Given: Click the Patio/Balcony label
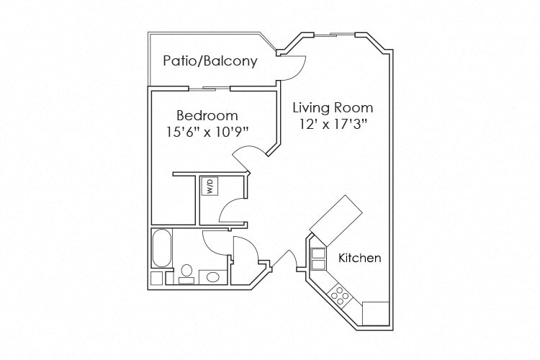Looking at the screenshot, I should pos(210,60).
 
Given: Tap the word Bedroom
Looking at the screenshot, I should pos(207,115).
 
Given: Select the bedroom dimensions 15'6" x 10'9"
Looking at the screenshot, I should pos(207,131).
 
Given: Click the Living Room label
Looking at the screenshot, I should pos(333,108).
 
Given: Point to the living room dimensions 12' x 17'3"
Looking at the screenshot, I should pos(333,124).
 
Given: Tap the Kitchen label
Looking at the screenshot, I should pos(360,258).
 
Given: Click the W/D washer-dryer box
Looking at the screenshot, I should pos(210,187).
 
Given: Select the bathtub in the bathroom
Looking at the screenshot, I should pos(161,249).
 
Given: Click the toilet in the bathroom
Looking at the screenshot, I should pos(186,271).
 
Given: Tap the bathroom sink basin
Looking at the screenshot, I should pos(213,276).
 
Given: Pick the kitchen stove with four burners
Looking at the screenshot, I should pos(339,294).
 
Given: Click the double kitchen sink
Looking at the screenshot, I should pos(318,258).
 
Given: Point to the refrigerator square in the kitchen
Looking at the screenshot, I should pos(375,313).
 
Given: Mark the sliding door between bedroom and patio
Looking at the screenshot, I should pos(210,89).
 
